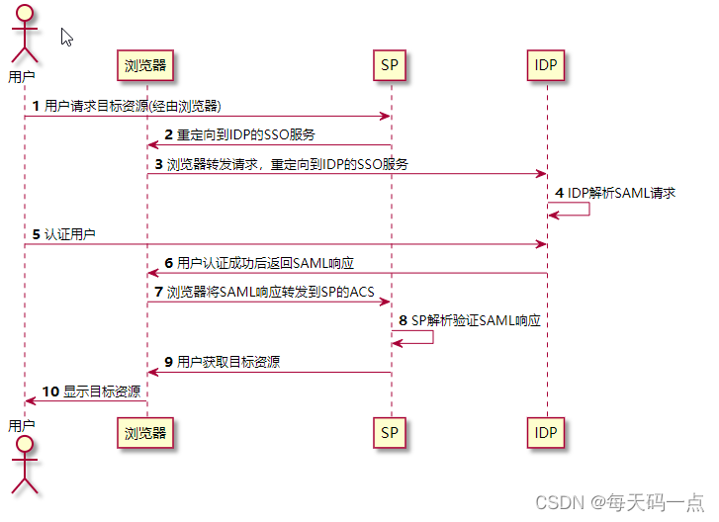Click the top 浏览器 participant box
click(x=147, y=66)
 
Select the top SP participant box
click(x=391, y=66)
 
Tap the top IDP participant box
click(x=546, y=66)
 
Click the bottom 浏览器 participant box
click(x=147, y=432)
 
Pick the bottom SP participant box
click(x=391, y=432)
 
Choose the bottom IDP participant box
click(x=546, y=432)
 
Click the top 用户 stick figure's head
click(x=23, y=15)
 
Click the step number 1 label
click(x=37, y=105)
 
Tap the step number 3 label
click(x=159, y=164)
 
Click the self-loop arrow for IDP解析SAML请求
click(x=570, y=209)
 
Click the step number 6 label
click(x=169, y=263)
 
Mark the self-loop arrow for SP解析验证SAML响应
click(x=414, y=337)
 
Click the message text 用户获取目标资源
click(x=228, y=362)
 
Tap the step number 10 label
click(x=50, y=391)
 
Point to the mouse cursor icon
click(x=66, y=37)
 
